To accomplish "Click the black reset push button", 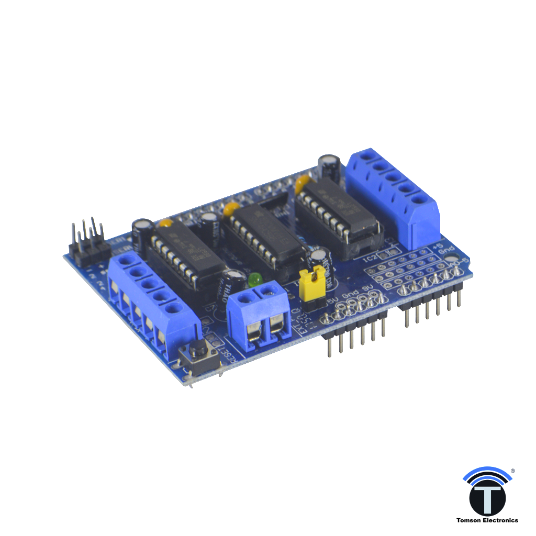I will (198, 348).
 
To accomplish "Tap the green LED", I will (255, 279).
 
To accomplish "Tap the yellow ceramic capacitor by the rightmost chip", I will (301, 184).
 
